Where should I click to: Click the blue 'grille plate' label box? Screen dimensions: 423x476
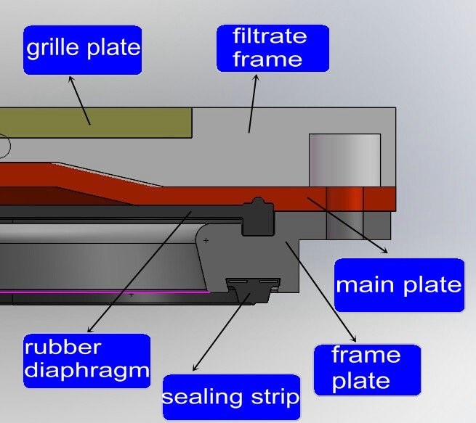pyautogui.click(x=82, y=50)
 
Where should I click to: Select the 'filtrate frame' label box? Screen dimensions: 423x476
pyautogui.click(x=273, y=47)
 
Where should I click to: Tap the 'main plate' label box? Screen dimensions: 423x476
pyautogui.click(x=398, y=284)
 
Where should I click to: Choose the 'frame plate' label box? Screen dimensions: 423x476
pyautogui.click(x=366, y=368)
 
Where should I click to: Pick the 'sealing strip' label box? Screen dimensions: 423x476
pyautogui.click(x=230, y=397)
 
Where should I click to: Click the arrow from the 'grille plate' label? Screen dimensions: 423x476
pyautogui.click(x=79, y=99)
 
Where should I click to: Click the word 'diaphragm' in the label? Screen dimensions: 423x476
pyautogui.click(x=86, y=371)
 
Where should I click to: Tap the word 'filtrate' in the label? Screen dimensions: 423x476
pyautogui.click(x=270, y=36)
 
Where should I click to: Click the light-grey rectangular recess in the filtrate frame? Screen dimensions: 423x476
pyautogui.click(x=344, y=159)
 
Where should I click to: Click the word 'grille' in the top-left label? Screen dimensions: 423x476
pyautogui.click(x=54, y=49)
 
